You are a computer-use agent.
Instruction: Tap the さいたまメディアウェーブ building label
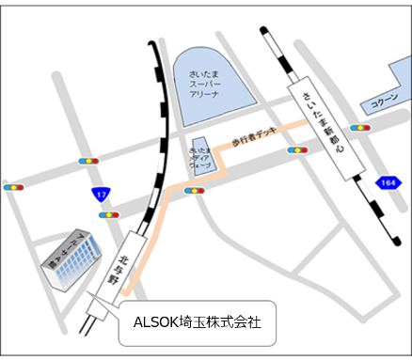(201, 157)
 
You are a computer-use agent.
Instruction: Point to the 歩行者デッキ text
(255, 140)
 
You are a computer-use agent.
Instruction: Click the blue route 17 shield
(100, 196)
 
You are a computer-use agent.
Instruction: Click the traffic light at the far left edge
(13, 187)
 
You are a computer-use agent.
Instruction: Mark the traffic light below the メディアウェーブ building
(195, 191)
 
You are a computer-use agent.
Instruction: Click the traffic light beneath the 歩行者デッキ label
(297, 150)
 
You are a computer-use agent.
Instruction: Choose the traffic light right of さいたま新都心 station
(359, 127)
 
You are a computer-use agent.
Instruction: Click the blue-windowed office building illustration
(71, 259)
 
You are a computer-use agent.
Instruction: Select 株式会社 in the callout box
(234, 321)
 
